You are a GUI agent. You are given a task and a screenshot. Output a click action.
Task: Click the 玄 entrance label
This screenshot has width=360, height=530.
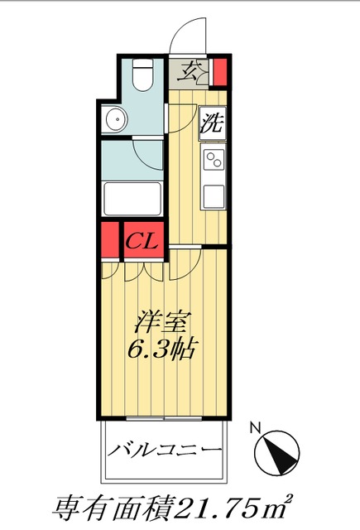click(190, 71)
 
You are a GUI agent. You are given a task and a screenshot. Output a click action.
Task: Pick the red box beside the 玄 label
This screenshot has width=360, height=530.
click(219, 72)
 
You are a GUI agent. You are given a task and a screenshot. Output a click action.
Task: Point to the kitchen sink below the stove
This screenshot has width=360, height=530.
click(214, 198)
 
